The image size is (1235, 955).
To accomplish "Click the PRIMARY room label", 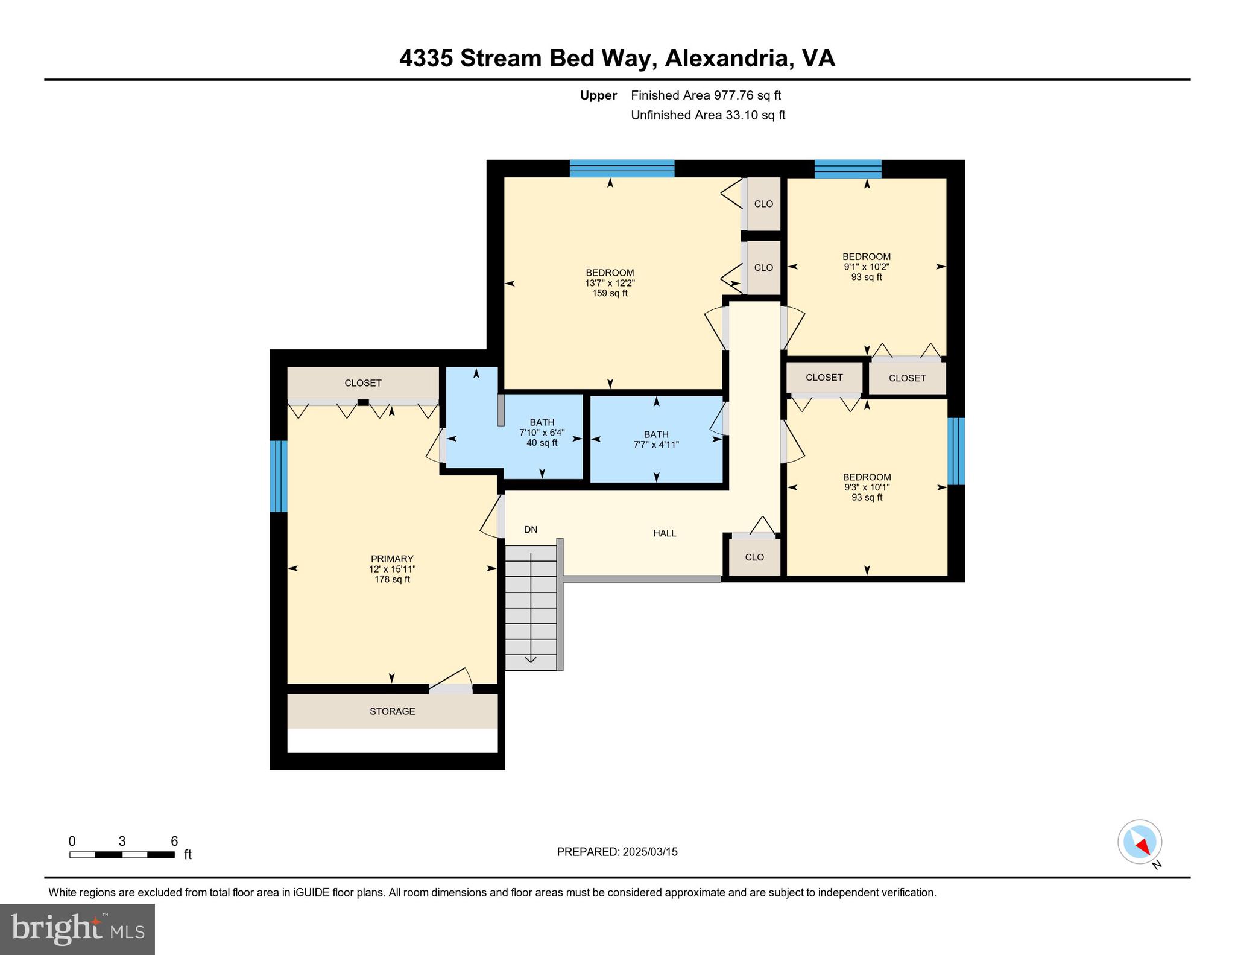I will point(392,559).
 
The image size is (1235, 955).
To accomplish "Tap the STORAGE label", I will point(392,711).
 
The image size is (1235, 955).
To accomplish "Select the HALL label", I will point(665,533).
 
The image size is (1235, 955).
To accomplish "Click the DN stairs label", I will point(531,530).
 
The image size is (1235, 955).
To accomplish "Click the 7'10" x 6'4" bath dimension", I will point(542,433).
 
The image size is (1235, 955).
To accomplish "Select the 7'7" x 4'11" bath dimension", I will point(656,445).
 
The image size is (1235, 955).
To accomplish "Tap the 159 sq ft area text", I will point(610,293).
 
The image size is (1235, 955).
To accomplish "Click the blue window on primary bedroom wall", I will point(279,475).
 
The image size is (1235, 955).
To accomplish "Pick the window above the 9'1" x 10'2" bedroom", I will point(848,169).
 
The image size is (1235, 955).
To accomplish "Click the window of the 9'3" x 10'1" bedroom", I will point(956,451).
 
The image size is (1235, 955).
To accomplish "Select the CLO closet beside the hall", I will point(754,557).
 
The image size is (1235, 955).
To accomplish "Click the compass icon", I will point(1140,842).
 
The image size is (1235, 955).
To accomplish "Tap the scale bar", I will point(122,854).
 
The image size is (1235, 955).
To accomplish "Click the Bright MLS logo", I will point(77,929).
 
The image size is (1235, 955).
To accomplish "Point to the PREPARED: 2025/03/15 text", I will point(617,852).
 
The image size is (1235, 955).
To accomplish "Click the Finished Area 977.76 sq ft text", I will point(706,95).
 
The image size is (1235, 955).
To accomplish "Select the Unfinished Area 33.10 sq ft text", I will point(708,115).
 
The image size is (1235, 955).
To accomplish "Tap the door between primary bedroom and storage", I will point(450,688).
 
